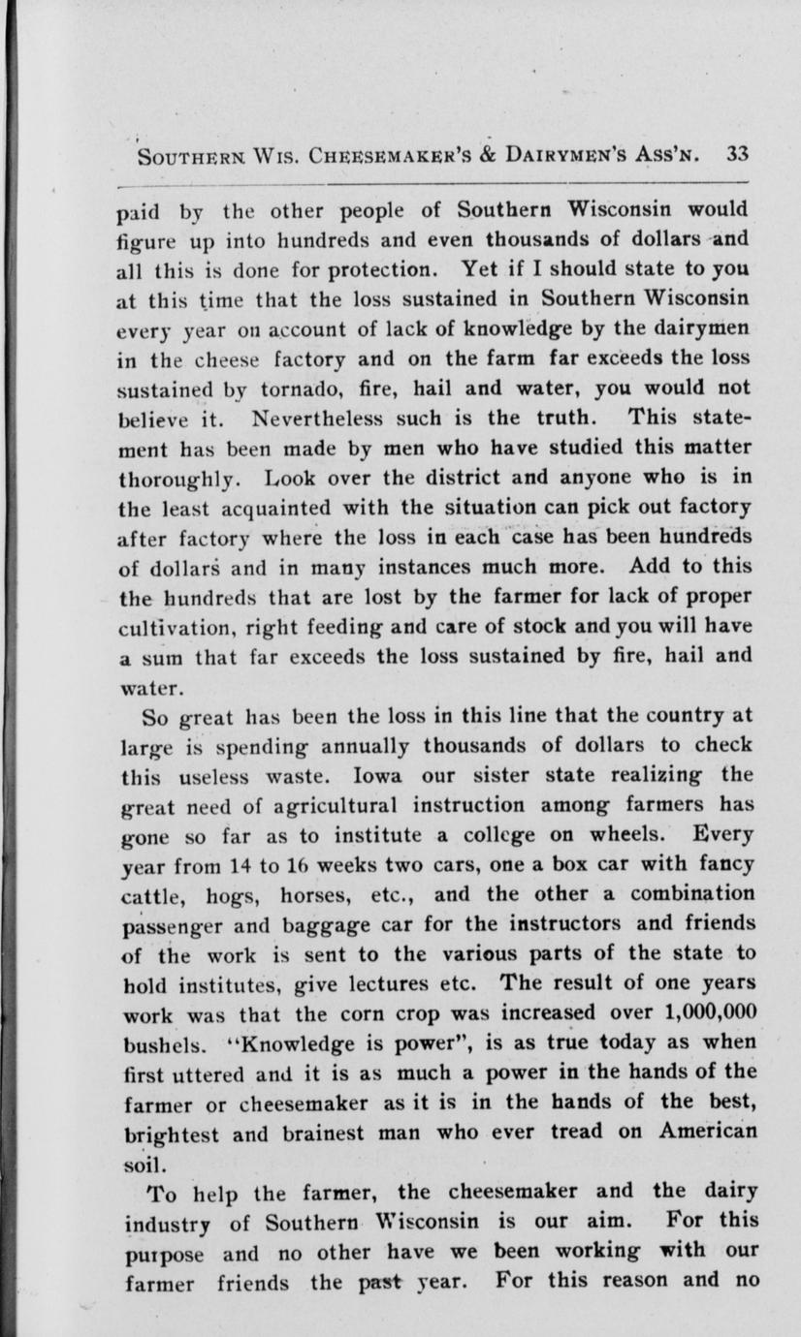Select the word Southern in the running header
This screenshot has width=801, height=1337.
point(193,157)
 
